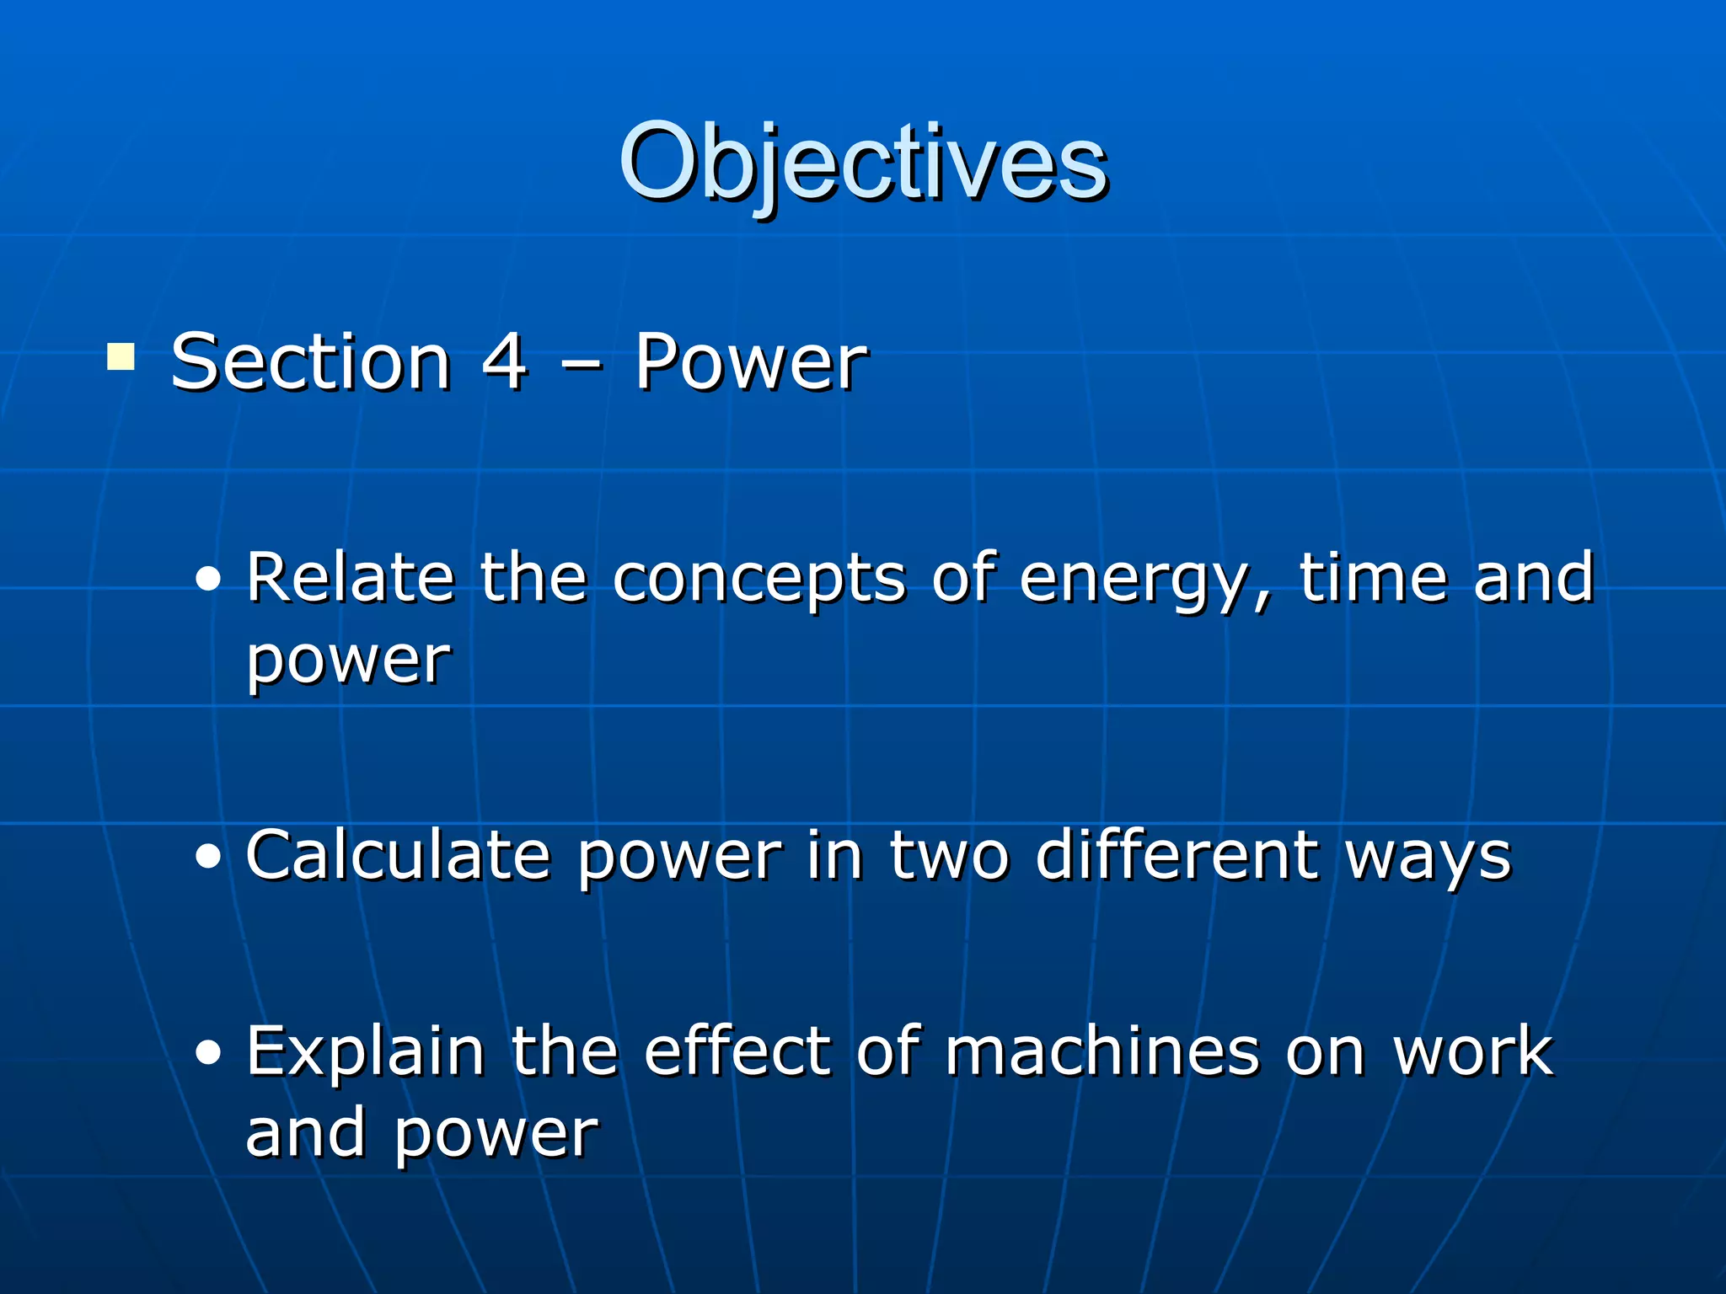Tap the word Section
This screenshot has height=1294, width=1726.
coord(311,362)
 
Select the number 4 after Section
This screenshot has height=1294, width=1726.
coord(504,362)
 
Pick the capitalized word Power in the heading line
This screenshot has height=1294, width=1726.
coord(750,362)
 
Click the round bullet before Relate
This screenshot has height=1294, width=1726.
coord(208,580)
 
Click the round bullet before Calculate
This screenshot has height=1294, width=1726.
coord(208,857)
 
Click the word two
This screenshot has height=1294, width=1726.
coord(949,857)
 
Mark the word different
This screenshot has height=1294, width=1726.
coord(1177,855)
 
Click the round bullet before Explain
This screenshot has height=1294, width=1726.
coord(208,1052)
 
